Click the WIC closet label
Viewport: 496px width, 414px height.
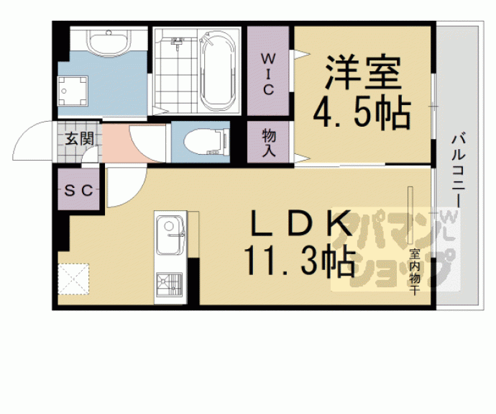click(268, 74)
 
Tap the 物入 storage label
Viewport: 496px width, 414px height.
click(269, 143)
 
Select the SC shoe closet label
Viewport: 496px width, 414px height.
click(78, 190)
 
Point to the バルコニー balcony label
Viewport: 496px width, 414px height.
click(459, 171)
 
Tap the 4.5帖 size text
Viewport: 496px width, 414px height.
click(362, 113)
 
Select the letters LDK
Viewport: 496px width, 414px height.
click(301, 223)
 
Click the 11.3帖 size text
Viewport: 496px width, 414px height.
click(299, 261)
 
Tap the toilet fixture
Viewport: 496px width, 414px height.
click(206, 142)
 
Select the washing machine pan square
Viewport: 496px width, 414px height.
click(73, 91)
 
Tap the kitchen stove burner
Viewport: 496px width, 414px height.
click(169, 284)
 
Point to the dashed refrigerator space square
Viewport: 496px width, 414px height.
click(73, 279)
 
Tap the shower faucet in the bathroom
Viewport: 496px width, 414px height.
click(178, 42)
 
